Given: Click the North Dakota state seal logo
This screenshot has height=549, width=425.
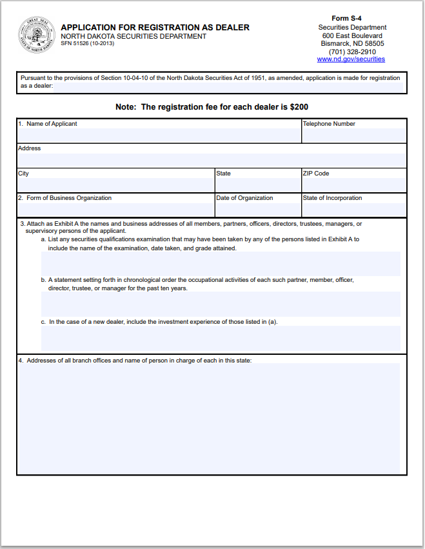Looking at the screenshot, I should coord(36,34).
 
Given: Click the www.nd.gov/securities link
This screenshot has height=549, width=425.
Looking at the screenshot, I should coord(351,59).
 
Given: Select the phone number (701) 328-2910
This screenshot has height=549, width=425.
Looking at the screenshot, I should coord(352,52).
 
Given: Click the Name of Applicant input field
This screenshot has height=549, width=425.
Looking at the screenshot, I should coord(159,135).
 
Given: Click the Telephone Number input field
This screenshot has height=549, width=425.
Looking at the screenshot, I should coord(353,135).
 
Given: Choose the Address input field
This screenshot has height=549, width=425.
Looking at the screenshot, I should coord(212,160).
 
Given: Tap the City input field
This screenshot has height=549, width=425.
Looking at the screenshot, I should coord(115,185).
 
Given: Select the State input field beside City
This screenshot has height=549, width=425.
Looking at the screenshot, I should coord(257,185).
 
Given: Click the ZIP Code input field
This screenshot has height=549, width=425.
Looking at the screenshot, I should coord(353,185).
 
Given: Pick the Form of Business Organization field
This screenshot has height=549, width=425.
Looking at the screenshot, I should coord(115,209).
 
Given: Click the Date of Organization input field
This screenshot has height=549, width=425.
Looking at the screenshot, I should coord(257,209).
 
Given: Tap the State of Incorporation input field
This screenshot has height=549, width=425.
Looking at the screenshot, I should coord(353,209).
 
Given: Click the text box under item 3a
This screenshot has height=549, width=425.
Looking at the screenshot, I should coord(221,264).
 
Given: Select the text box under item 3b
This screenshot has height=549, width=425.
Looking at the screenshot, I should coord(221,304).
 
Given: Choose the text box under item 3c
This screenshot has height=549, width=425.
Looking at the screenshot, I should coord(221,338).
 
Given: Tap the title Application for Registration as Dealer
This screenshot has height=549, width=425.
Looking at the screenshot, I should coord(155,28).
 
